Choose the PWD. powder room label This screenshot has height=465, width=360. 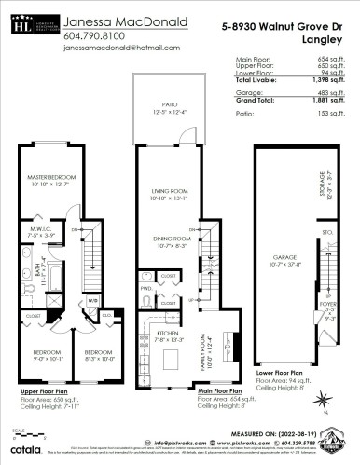[x=145, y=289]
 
